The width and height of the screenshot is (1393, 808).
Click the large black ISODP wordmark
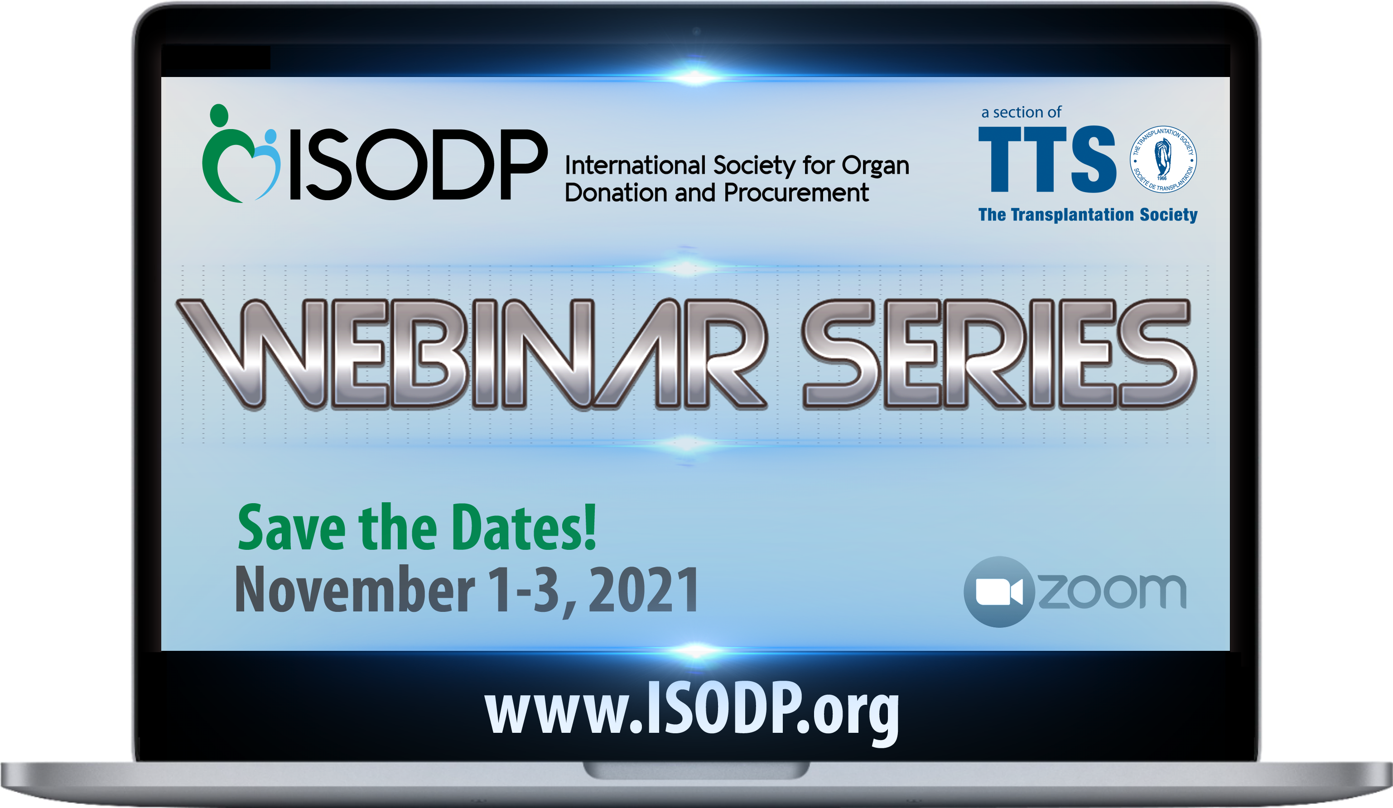coord(419,164)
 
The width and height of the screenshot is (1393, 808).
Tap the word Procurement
coord(796,193)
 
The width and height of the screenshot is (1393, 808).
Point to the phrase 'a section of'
coord(1021,112)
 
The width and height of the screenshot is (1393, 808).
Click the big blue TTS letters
coord(1047,159)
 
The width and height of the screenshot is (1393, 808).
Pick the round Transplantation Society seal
coord(1163,159)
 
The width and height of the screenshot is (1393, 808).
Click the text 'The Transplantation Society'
coord(1088,214)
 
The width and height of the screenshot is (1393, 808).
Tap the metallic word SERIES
coord(998,354)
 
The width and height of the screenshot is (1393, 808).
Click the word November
coord(355,590)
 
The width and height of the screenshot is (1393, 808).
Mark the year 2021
coord(644,590)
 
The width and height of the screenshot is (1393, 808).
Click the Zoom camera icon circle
coord(999,592)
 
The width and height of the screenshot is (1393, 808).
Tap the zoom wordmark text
coord(1112,592)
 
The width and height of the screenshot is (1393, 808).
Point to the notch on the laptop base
coord(697,770)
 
